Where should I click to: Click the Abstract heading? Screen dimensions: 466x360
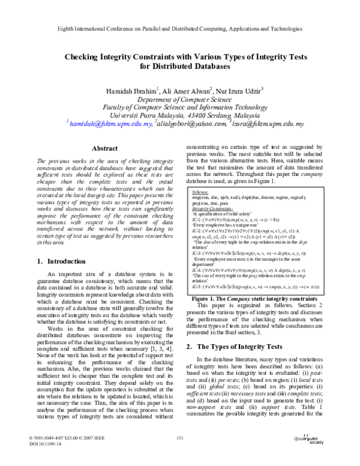[x=103, y=148]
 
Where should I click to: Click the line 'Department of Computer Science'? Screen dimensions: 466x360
[x=180, y=99]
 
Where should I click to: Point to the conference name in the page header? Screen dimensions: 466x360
[x=180, y=29]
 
